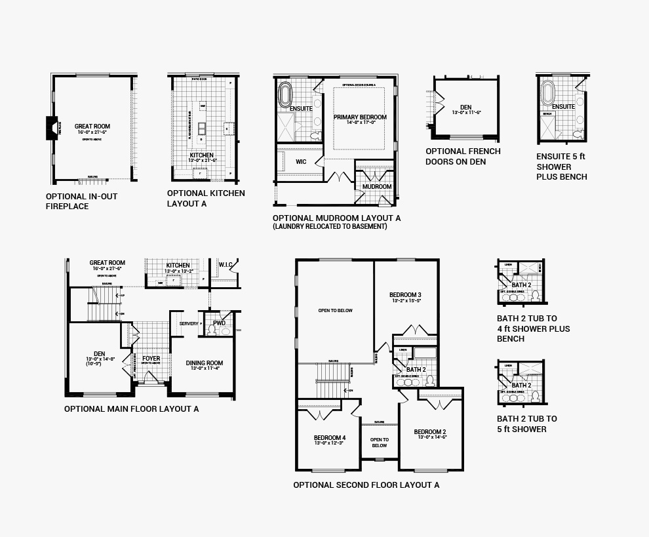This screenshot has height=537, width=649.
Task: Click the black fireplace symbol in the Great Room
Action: pyautogui.click(x=51, y=127)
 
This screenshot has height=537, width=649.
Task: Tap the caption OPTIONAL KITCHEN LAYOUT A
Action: pyautogui.click(x=206, y=198)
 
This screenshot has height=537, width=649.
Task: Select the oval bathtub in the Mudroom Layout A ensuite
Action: pyautogui.click(x=285, y=95)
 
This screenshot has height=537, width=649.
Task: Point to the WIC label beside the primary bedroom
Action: pyautogui.click(x=301, y=161)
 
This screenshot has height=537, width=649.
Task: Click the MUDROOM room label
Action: pyautogui.click(x=376, y=187)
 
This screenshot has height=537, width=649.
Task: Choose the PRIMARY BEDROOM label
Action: pyautogui.click(x=360, y=117)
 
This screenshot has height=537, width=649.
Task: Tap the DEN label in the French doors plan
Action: pyautogui.click(x=465, y=107)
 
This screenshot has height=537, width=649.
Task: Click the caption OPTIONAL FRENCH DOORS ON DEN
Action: pyautogui.click(x=463, y=156)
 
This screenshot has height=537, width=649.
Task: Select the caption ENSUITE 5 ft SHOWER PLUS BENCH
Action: pyautogui.click(x=562, y=167)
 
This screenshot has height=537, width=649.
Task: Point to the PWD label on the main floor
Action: pyautogui.click(x=220, y=323)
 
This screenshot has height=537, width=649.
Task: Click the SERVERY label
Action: pyautogui.click(x=188, y=324)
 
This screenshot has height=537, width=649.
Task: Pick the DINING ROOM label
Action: pyautogui.click(x=205, y=363)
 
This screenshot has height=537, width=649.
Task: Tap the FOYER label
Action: pyautogui.click(x=151, y=359)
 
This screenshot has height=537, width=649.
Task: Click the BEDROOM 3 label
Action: pyautogui.click(x=404, y=294)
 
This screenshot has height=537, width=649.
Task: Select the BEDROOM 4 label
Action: pyautogui.click(x=329, y=438)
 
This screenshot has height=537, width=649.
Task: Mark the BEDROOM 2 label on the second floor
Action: pyautogui.click(x=430, y=432)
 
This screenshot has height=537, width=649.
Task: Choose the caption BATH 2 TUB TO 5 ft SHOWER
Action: pyautogui.click(x=526, y=424)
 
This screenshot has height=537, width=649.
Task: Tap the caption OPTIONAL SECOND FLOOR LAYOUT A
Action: pyautogui.click(x=366, y=485)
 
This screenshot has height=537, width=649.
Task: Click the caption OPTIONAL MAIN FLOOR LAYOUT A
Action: pyautogui.click(x=131, y=409)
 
